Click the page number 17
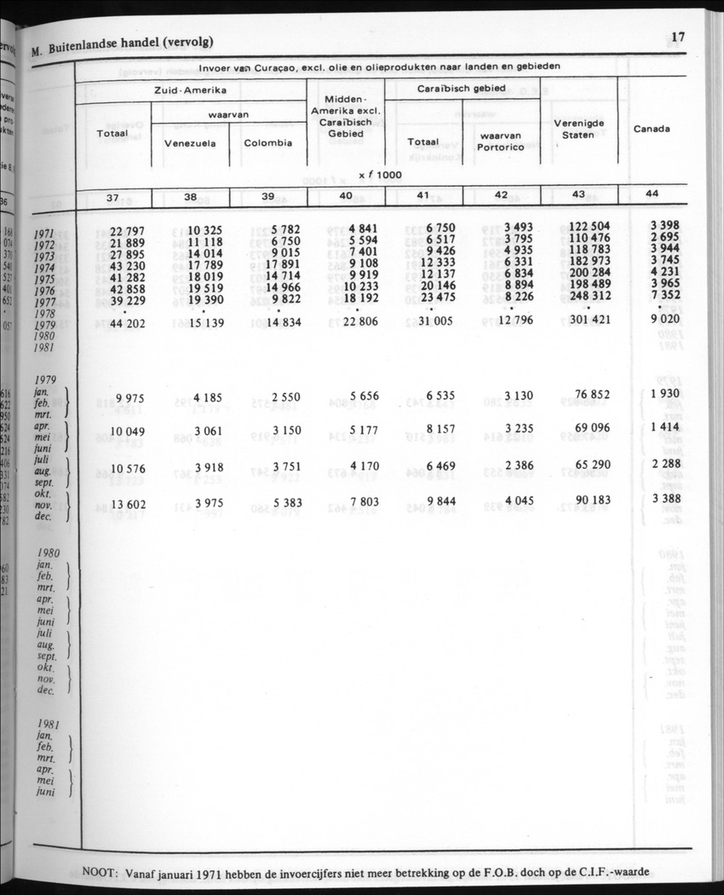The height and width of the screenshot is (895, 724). (678, 37)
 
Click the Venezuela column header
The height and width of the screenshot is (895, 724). (190, 142)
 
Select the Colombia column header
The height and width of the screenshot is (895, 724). (268, 142)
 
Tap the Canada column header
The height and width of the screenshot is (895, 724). (652, 129)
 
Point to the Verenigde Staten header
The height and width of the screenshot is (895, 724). (579, 129)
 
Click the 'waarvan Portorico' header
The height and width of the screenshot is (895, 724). (500, 141)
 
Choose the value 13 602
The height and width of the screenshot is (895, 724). (129, 505)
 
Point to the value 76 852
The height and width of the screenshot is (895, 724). (588, 396)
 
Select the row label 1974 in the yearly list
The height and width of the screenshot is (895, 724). (45, 267)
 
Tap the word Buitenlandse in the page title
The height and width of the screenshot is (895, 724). (99, 43)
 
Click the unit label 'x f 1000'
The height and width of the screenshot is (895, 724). (380, 175)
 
